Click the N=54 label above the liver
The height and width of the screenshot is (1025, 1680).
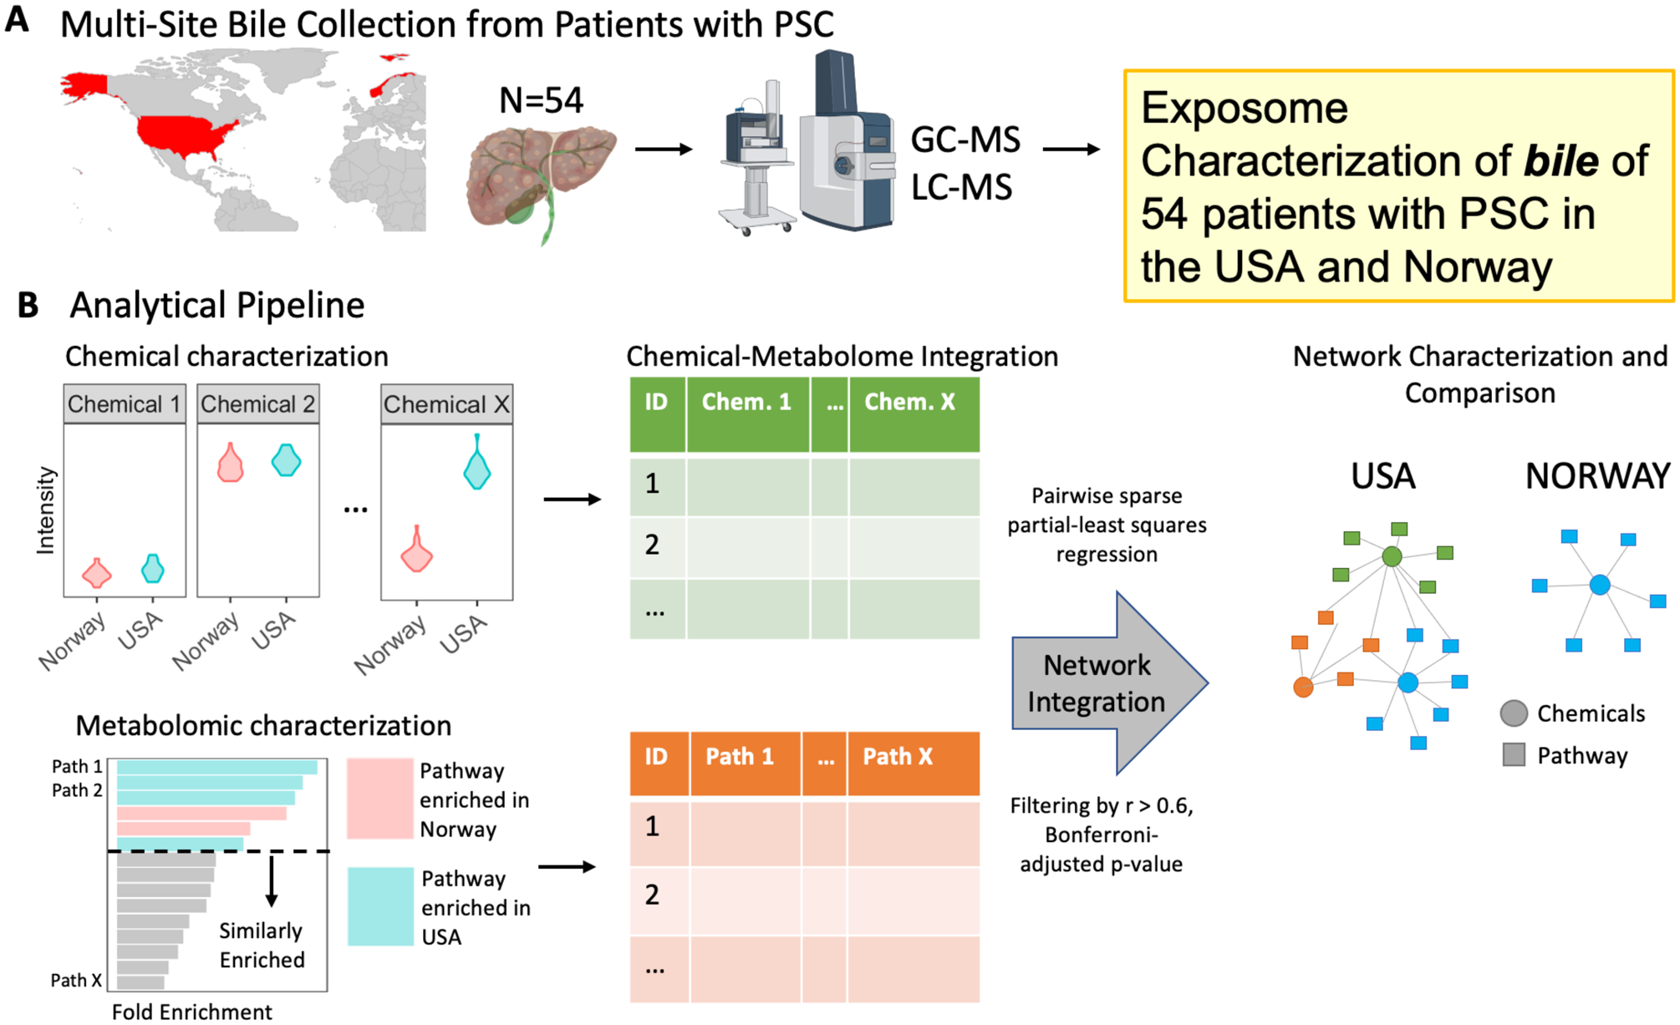[541, 101]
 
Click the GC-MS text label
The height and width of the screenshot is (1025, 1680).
[965, 140]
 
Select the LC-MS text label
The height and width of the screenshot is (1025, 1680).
[961, 187]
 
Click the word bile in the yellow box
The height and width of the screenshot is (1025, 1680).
[1560, 160]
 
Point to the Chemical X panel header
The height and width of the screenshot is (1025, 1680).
[446, 404]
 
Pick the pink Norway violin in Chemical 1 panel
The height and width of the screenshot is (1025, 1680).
[97, 573]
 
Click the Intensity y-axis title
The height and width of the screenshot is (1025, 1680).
[46, 510]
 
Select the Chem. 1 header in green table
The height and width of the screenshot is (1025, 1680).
[746, 403]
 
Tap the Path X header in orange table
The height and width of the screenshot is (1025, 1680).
[898, 757]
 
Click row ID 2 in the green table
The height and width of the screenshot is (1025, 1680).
[653, 545]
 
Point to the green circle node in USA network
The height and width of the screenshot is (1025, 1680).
[1392, 556]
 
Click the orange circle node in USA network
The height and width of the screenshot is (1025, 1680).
[1303, 688]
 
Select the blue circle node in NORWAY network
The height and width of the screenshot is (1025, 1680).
[1600, 585]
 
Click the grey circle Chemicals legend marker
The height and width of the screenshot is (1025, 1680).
[1514, 713]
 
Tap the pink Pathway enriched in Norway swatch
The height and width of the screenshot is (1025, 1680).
[380, 798]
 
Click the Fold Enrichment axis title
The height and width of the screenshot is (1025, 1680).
[192, 1012]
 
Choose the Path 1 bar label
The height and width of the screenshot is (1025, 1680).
[77, 767]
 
